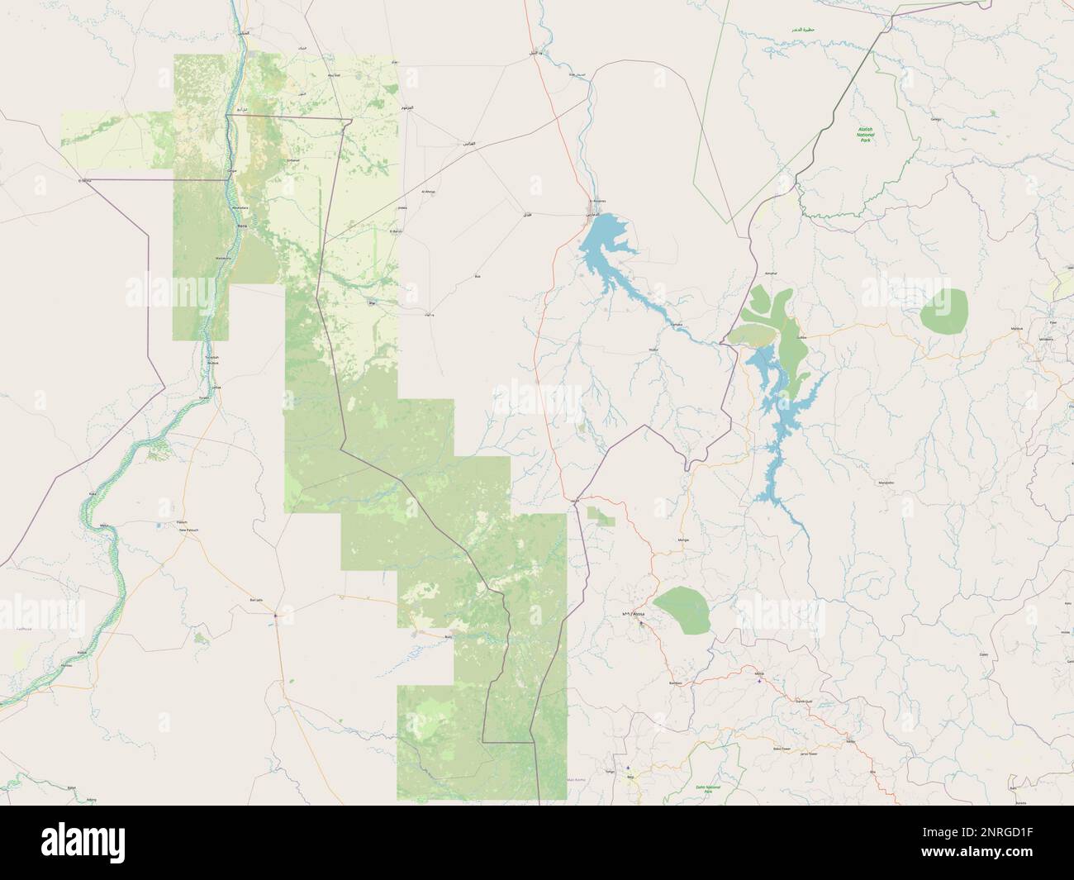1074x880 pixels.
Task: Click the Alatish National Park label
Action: tap(866, 135)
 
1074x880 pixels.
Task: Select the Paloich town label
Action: tap(183, 522)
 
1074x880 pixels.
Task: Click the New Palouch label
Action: tap(190, 530)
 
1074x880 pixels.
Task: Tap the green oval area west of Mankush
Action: tap(943, 312)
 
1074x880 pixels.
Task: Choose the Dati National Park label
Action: tap(708, 788)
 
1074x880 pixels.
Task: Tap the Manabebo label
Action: tap(886, 482)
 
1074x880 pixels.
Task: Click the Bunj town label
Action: tap(449, 637)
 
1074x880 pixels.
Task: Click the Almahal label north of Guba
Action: tap(772, 273)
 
